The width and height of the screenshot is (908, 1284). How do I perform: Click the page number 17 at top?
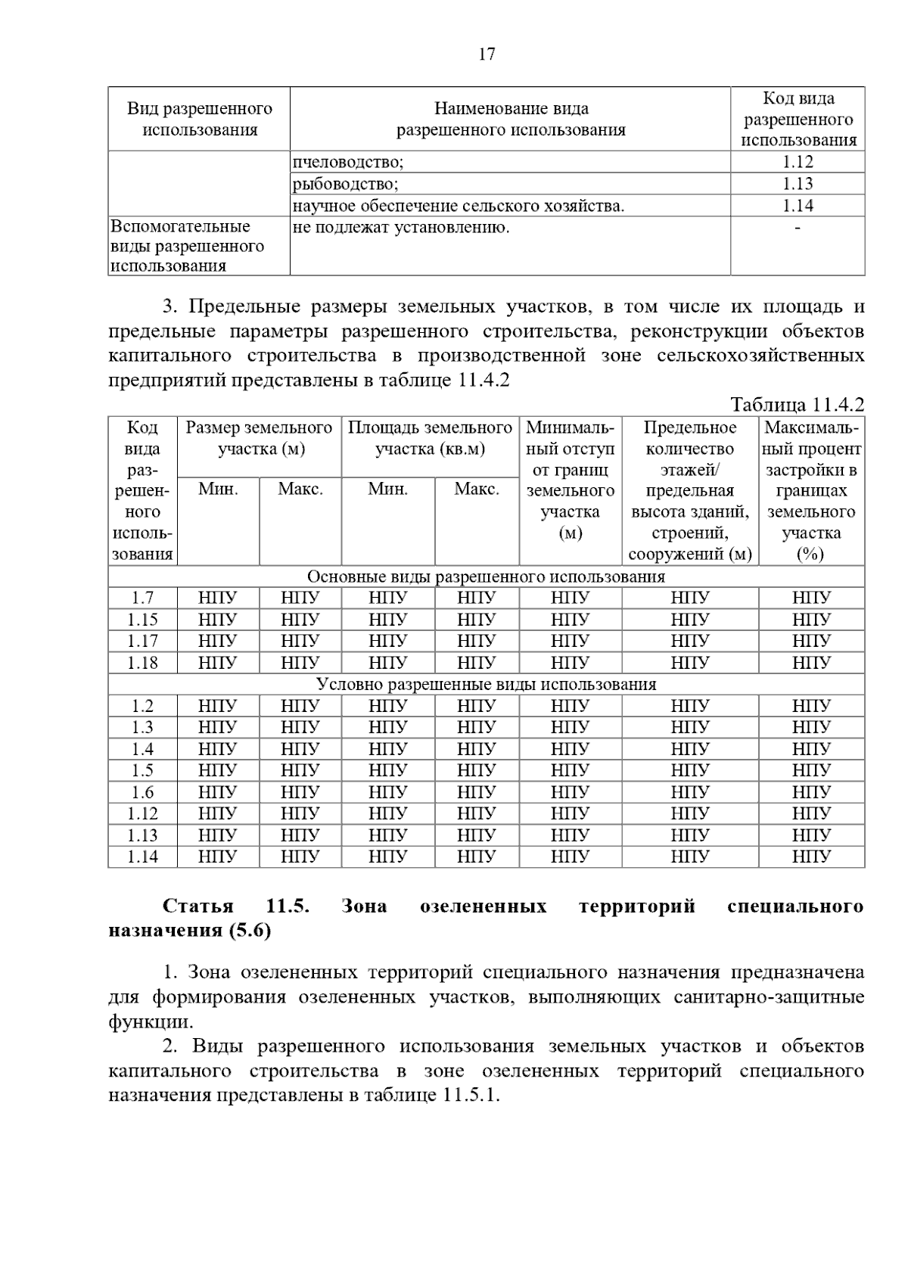coord(487,54)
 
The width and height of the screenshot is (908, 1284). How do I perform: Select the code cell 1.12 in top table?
coord(798,162)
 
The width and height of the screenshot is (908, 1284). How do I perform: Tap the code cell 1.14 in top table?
coord(798,206)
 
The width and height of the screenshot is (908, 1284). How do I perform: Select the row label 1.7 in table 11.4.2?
coord(142,598)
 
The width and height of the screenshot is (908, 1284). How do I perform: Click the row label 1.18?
coord(142,663)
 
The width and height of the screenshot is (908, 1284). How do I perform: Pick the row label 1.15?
coord(142,620)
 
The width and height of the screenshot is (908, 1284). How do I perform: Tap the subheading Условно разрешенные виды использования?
coord(486,685)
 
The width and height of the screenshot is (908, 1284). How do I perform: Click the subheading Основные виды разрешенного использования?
coord(486,577)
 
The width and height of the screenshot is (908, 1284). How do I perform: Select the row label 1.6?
coord(142,792)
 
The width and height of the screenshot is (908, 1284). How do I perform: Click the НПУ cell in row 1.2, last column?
coord(811,706)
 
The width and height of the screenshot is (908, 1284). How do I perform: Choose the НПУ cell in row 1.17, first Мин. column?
coord(217,641)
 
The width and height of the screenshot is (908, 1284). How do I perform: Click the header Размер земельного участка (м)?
coord(260,438)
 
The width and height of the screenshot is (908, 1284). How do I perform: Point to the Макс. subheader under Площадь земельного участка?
coord(477,489)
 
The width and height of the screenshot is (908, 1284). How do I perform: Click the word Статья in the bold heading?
coord(198,906)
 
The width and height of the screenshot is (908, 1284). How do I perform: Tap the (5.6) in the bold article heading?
coord(250,931)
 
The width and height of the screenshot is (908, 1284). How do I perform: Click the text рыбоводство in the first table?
coord(346,184)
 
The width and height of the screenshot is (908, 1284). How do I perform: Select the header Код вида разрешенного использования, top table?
coord(798,119)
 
